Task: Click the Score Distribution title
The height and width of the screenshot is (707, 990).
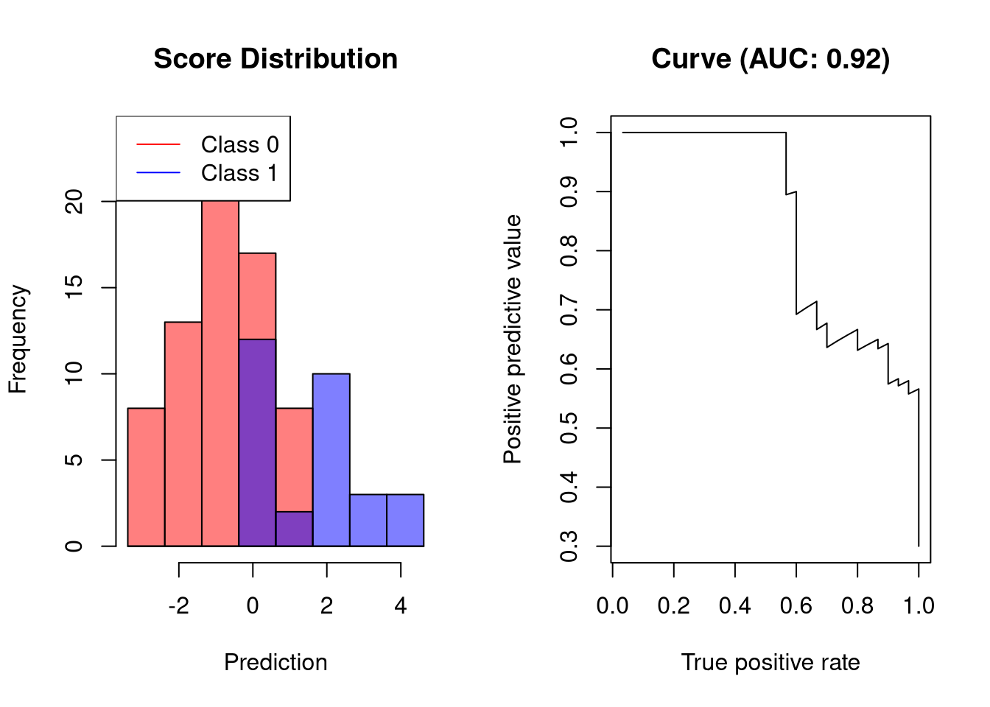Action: point(275,59)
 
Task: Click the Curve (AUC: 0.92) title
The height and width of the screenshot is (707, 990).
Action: point(770,59)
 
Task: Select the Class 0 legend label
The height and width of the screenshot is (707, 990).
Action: point(239,144)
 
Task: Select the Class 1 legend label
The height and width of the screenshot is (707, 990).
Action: point(239,173)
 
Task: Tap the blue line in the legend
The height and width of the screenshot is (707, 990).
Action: point(158,173)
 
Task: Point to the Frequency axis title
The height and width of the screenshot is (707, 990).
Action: point(18,340)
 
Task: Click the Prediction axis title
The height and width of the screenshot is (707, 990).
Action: point(275,662)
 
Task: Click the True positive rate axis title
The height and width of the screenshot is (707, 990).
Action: point(770,662)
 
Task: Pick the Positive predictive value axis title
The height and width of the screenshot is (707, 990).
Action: point(513,340)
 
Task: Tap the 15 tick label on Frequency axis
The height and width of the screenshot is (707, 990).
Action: point(74,287)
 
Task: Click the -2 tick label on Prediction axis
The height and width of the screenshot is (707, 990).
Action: point(179,605)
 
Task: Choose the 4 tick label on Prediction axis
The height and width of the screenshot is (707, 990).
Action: point(401,605)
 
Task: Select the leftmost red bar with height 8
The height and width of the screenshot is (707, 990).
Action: point(146,477)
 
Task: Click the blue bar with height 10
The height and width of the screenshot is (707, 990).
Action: point(331,460)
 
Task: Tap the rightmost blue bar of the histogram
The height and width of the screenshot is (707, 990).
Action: point(405,521)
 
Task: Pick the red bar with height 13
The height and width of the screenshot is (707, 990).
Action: point(183,435)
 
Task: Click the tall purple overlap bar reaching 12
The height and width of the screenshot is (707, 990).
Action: point(257,443)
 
